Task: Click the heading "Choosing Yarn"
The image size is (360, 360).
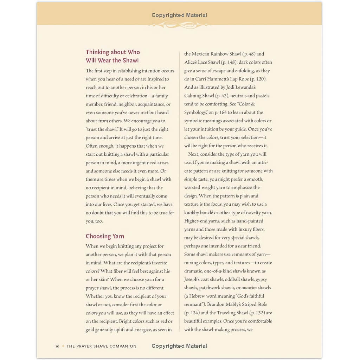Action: pos(105,236)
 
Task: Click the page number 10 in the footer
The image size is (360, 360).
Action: pos(57,346)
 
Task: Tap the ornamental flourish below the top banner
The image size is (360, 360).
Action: pos(179,25)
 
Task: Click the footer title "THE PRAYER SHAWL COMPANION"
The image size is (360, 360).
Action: pos(101,346)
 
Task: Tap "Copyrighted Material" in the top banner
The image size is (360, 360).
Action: pos(179,15)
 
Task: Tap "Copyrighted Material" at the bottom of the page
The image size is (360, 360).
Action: pos(179,346)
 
